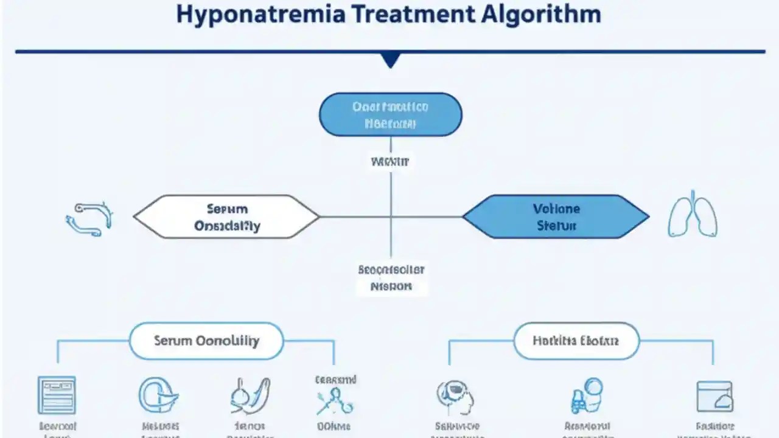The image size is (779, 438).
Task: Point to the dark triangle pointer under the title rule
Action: click(x=390, y=59)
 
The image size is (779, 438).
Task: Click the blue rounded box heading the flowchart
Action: click(x=390, y=114)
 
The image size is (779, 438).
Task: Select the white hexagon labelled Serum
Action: click(x=226, y=217)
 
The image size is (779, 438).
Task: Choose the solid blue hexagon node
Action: click(x=556, y=217)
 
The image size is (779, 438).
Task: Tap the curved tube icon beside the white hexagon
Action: click(x=89, y=218)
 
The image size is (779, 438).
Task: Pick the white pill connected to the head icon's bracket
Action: click(x=576, y=341)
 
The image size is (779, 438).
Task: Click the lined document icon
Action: click(x=57, y=395)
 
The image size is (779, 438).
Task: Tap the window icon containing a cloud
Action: click(x=714, y=396)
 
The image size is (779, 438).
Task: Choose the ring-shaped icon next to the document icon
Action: click(x=157, y=395)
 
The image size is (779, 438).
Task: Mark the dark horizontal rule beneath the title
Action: click(x=390, y=52)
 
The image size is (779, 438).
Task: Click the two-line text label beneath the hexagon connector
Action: click(x=391, y=277)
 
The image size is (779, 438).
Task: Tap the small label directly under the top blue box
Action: click(x=390, y=162)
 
